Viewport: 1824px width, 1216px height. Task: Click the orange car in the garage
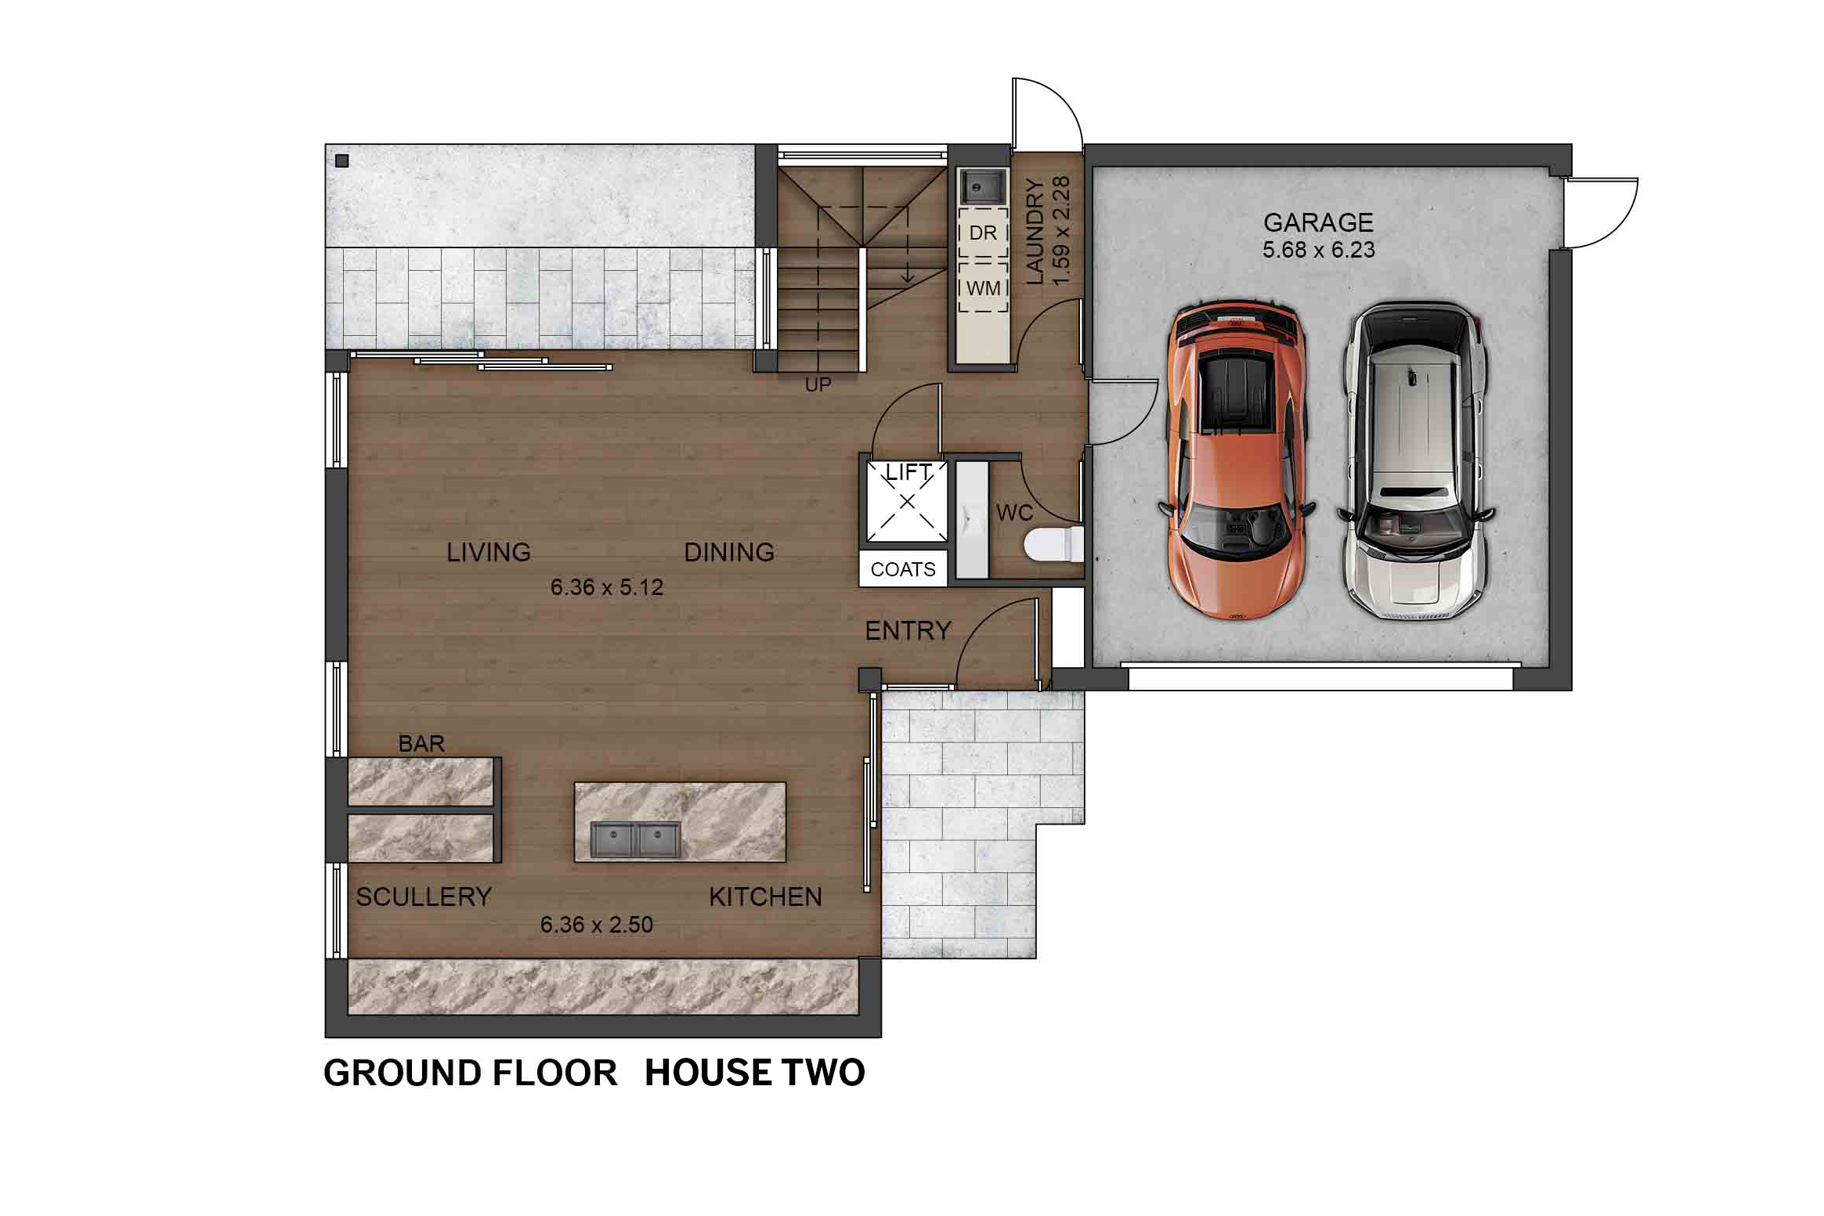click(1236, 460)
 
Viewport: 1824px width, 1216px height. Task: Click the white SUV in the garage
click(1415, 460)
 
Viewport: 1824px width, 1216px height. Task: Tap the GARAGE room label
click(1318, 223)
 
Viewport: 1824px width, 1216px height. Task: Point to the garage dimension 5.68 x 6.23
click(1318, 250)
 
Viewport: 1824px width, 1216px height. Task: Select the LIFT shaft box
click(906, 501)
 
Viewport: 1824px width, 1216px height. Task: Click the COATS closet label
click(903, 569)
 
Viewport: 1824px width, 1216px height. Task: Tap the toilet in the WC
click(1054, 545)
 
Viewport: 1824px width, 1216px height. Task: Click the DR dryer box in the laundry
click(983, 233)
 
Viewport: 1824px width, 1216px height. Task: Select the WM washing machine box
click(983, 287)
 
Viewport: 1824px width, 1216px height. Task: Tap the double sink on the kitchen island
click(635, 840)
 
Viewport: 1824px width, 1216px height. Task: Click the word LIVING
click(489, 553)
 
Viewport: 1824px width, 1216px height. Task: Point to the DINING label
click(729, 553)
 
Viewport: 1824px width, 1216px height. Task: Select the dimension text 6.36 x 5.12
click(607, 587)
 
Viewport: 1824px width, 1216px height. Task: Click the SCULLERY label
click(424, 897)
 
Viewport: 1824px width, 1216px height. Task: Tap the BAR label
click(421, 743)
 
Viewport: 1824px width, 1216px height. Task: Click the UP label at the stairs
click(818, 384)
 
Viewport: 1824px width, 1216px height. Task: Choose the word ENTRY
click(908, 630)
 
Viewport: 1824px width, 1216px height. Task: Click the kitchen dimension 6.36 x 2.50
click(597, 925)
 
